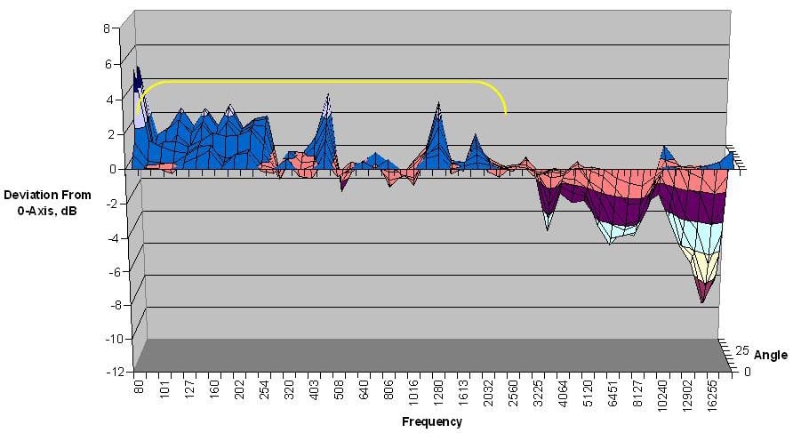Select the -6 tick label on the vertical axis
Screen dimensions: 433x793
(119, 271)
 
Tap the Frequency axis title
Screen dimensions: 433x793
(431, 422)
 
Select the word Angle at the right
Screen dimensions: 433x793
(770, 356)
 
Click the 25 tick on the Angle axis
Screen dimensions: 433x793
(743, 350)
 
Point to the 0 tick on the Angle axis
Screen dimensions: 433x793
(747, 372)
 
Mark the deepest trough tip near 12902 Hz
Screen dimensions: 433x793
(703, 302)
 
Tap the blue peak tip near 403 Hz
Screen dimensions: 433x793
(328, 93)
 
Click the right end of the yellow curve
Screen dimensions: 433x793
(506, 115)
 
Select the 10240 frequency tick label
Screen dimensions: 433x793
(662, 394)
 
